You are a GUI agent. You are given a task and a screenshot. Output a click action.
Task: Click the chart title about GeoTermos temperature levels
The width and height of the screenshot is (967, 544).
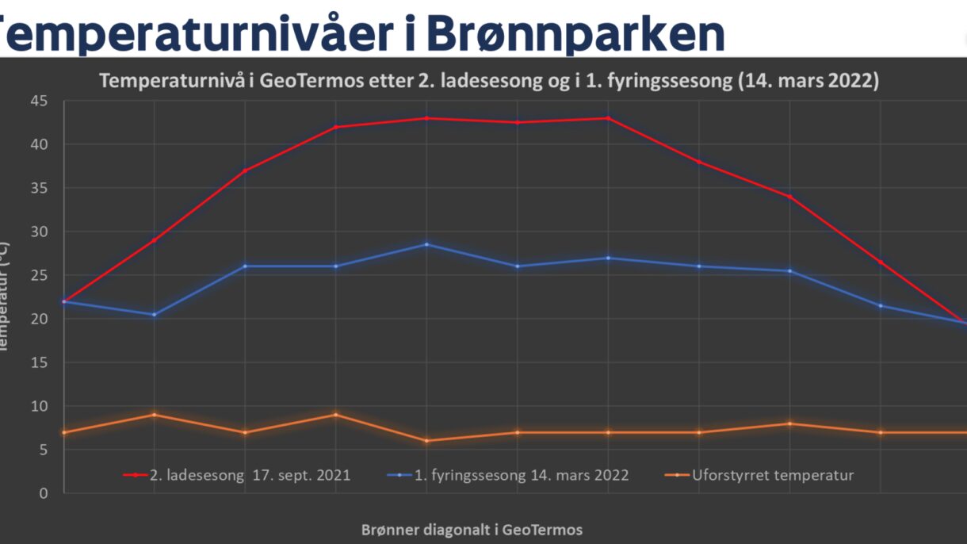488,82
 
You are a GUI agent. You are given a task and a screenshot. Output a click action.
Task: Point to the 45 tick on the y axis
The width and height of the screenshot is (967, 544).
39,101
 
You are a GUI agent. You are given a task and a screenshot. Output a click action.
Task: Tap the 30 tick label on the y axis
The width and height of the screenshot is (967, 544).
39,232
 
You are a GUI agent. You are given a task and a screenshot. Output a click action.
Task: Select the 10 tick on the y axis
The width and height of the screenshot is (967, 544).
39,406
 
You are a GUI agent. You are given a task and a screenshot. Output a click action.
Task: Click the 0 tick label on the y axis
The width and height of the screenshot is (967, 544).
43,493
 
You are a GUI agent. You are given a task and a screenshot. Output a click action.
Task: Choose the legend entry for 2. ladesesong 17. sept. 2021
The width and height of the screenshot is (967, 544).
237,476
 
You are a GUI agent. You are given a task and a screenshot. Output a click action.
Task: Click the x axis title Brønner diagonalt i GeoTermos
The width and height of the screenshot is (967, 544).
472,530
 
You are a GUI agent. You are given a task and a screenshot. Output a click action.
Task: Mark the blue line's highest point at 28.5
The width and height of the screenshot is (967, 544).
426,244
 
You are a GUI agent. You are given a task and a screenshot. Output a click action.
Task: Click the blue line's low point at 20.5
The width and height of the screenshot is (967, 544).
154,315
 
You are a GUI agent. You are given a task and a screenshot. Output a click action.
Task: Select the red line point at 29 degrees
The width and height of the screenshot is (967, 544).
154,240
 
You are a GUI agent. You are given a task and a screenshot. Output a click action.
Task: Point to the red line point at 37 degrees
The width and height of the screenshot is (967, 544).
245,170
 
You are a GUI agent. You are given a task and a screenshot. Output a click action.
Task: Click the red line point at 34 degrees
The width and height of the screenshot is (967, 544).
789,197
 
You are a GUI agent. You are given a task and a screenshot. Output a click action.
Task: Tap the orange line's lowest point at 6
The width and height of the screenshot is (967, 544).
426,441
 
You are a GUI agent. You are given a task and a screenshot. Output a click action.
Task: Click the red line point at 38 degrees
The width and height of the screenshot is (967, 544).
698,162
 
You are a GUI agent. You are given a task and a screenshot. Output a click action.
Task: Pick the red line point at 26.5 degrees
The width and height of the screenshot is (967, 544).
880,262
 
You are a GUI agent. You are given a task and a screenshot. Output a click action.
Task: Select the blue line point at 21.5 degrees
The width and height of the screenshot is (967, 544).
880,305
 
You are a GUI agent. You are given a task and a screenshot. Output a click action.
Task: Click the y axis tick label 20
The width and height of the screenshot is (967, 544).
39,319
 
